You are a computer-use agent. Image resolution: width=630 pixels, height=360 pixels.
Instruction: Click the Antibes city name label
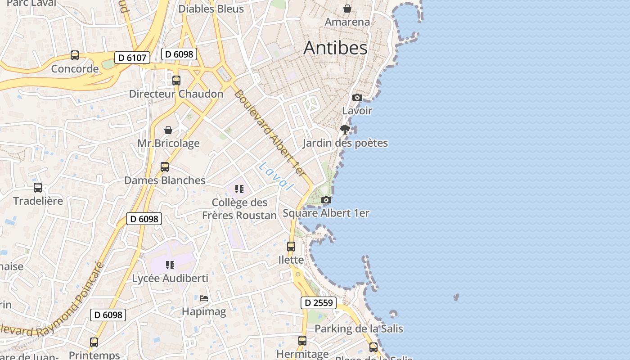click(x=335, y=48)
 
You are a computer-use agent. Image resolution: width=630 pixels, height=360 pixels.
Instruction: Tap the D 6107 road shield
click(x=132, y=58)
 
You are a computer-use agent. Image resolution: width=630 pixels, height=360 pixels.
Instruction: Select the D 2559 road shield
click(x=319, y=303)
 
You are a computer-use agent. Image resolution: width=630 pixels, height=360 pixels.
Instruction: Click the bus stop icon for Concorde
click(x=75, y=55)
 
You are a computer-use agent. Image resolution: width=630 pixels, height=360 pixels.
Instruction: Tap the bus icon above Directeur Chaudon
click(x=176, y=81)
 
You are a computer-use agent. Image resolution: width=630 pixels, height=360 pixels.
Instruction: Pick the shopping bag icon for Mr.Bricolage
click(x=168, y=130)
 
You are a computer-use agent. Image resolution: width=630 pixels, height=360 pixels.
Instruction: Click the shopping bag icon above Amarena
click(x=347, y=9)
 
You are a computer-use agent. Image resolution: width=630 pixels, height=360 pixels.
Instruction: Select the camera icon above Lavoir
click(x=357, y=97)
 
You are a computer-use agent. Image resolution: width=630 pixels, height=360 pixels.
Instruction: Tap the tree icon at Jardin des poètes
click(x=345, y=130)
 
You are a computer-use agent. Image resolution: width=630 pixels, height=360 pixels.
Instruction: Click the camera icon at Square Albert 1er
click(x=326, y=200)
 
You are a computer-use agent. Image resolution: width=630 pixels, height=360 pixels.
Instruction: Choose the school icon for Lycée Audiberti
click(x=170, y=265)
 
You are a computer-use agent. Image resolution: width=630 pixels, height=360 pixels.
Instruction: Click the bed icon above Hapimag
click(x=204, y=298)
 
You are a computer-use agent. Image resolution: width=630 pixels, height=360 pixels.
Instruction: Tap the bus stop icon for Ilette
click(x=291, y=247)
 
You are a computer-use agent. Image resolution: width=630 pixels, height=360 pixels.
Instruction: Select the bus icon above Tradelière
click(x=38, y=188)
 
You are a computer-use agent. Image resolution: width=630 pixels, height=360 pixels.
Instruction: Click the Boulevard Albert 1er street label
click(x=270, y=133)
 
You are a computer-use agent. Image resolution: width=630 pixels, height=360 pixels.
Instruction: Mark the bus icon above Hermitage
click(x=302, y=341)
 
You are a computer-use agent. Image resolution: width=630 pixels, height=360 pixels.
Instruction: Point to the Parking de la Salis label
click(x=359, y=328)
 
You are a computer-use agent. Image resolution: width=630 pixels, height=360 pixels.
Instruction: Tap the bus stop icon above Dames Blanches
click(x=165, y=167)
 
